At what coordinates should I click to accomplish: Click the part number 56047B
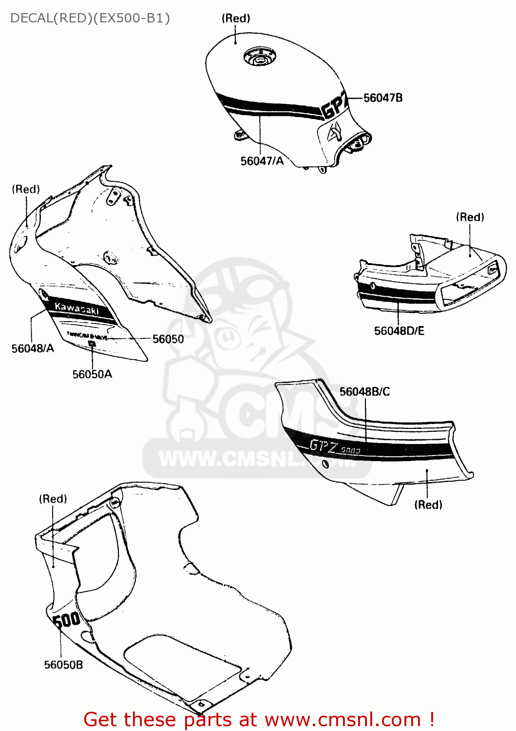point(383,98)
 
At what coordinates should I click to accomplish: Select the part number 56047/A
point(262,161)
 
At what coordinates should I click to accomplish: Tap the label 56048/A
point(33,348)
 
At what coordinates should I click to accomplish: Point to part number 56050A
point(92,374)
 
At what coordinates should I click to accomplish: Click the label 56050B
point(63,665)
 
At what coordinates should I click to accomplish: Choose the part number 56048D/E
point(399,331)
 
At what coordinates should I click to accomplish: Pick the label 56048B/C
point(364,392)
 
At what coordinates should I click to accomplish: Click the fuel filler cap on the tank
point(258,59)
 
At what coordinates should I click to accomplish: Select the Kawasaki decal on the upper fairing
point(77,308)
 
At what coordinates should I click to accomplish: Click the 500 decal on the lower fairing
point(66,620)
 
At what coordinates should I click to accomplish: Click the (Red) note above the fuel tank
point(236,19)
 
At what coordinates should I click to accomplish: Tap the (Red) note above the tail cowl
point(470,217)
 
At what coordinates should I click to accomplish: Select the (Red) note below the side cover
point(428,505)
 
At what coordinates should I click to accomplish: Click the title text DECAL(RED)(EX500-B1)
point(90,18)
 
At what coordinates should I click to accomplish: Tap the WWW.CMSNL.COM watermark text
point(258,459)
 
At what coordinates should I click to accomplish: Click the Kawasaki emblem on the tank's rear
point(335,132)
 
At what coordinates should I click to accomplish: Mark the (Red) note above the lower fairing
point(53,499)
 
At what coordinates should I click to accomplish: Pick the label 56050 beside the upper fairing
point(168,339)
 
